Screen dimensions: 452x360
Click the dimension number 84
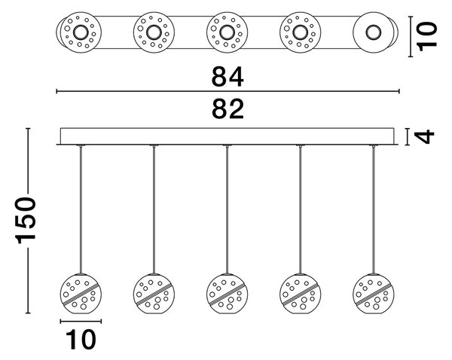228,77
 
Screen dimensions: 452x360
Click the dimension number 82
228,108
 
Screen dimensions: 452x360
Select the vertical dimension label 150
26,221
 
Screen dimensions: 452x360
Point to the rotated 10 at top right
427,36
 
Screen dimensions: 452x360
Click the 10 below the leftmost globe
81,340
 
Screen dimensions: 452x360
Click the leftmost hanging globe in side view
81,294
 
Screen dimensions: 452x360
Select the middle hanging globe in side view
228,294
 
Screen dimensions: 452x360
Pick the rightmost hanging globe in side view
374,294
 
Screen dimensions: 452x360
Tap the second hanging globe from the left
154,294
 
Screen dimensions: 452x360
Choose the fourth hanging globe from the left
301,294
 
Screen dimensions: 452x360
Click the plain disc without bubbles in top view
374,32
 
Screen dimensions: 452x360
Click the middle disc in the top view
228,32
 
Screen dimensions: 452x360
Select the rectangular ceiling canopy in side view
228,136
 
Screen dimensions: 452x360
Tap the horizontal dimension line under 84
228,91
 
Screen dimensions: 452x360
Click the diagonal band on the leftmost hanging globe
81,294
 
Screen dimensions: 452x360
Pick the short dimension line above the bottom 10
81,322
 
